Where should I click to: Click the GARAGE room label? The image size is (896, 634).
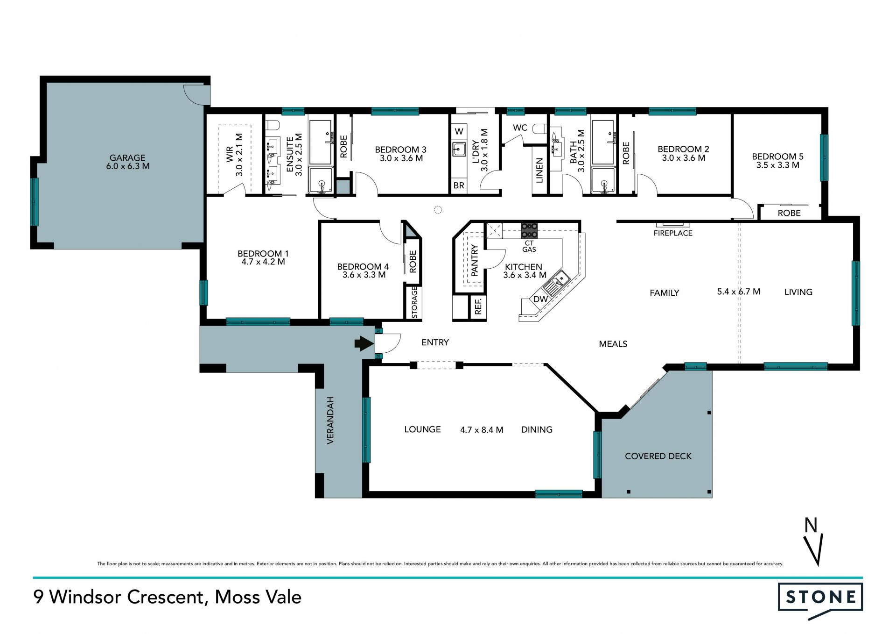127,158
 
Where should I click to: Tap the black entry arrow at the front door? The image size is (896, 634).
364,344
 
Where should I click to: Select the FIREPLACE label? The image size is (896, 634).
673,233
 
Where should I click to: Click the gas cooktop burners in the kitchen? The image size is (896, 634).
529,231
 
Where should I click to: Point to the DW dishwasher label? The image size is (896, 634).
540,299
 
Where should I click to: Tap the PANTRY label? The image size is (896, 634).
475,260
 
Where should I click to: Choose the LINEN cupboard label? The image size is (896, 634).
539,171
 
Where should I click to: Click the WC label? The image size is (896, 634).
520,128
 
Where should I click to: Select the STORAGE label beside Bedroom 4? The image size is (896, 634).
414,303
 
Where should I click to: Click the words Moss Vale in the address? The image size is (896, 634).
258,597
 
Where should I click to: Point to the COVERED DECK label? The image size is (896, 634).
658,456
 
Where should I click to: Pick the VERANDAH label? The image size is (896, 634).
330,420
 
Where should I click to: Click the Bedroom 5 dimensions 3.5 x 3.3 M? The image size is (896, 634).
777,165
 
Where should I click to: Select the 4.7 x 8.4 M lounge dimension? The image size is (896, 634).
482,430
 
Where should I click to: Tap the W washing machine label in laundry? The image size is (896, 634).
459,132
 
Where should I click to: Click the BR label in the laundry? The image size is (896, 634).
459,185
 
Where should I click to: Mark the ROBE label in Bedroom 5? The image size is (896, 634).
789,213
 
